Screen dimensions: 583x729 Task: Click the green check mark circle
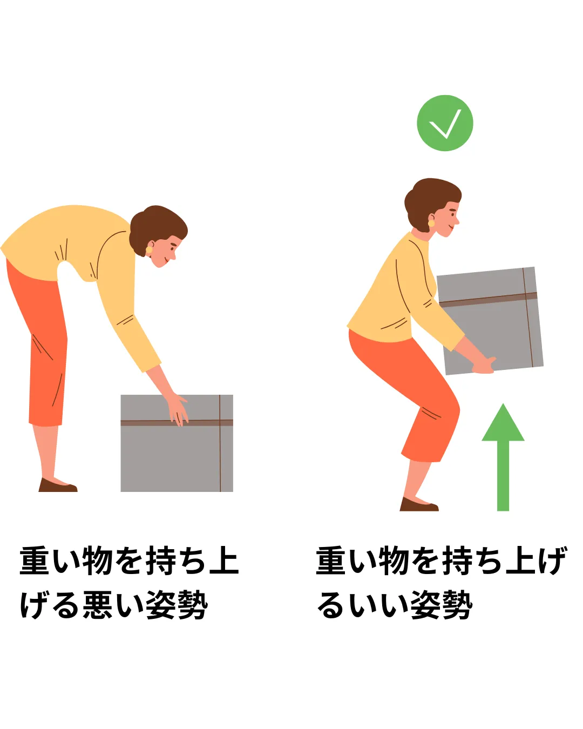pyautogui.click(x=444, y=123)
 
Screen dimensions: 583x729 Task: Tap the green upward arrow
pyautogui.click(x=503, y=457)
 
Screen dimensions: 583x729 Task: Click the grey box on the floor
pyautogui.click(x=177, y=443)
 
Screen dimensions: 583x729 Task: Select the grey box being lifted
pyautogui.click(x=490, y=321)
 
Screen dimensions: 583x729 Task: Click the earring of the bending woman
pyautogui.click(x=149, y=249)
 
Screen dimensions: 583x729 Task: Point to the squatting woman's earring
pyautogui.click(x=431, y=223)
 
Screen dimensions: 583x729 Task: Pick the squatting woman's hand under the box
pyautogui.click(x=484, y=365)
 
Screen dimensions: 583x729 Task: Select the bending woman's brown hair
pyautogui.click(x=157, y=228)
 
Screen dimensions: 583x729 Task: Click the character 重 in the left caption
pyautogui.click(x=34, y=561)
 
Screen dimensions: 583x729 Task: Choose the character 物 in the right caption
pyautogui.click(x=394, y=561)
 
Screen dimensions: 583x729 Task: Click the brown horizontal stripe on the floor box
pyautogui.click(x=177, y=423)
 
